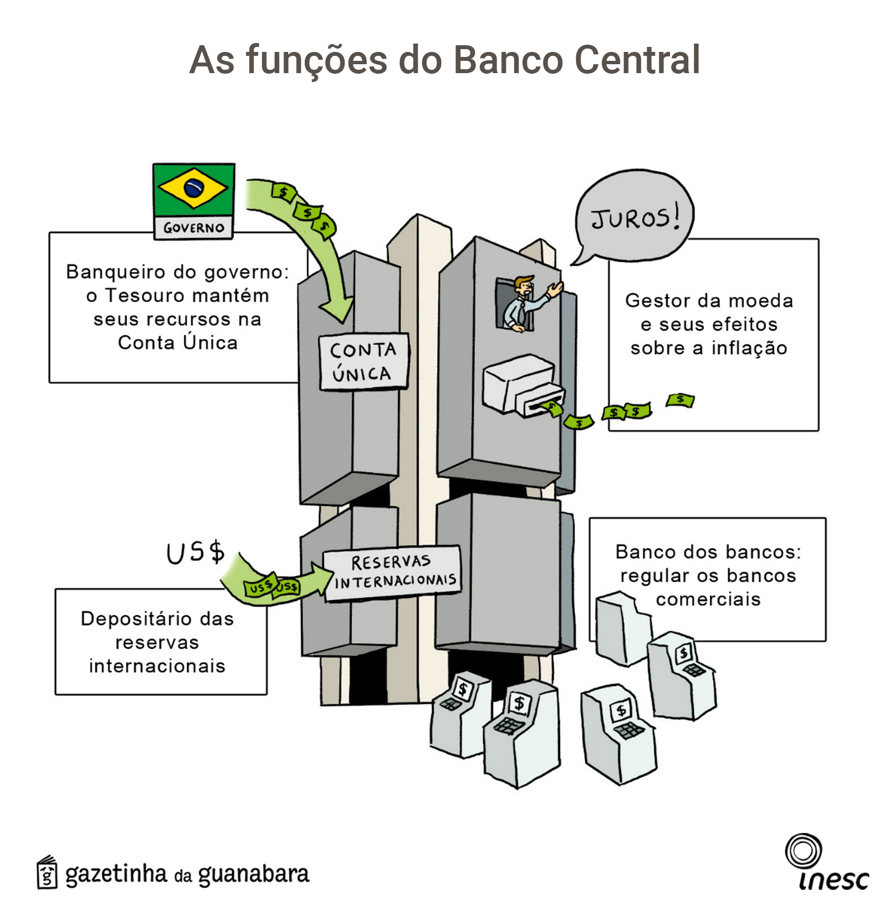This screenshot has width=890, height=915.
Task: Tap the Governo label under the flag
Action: coord(194,228)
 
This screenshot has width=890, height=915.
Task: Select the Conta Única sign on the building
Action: coord(363,362)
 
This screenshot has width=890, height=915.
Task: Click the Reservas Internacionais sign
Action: coord(393,572)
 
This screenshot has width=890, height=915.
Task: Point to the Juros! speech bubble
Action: coord(634,217)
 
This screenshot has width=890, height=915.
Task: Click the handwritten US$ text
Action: coord(195,553)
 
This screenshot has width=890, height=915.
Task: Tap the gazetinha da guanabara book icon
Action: coord(47,872)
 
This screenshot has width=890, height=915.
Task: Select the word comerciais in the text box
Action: coord(708,600)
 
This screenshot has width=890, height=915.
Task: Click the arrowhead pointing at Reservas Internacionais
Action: coord(323,578)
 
